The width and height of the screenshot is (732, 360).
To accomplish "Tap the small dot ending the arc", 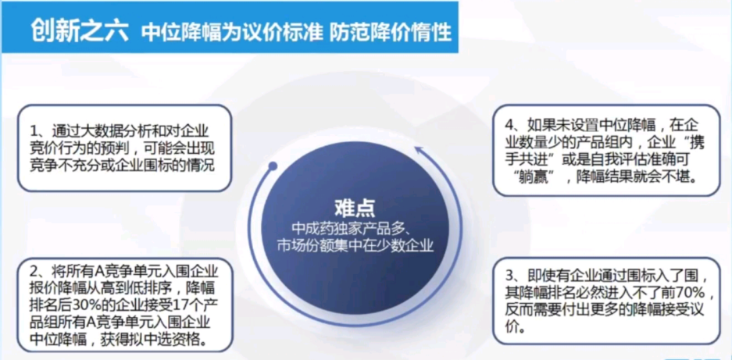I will pos(273,166).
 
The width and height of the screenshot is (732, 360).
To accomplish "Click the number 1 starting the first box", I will pos(34,130).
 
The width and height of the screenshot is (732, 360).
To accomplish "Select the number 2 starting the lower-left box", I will pos(34,270).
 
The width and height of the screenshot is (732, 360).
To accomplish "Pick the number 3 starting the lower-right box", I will pos(510,276).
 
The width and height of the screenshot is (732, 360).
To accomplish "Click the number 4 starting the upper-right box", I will pos(510,125).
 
